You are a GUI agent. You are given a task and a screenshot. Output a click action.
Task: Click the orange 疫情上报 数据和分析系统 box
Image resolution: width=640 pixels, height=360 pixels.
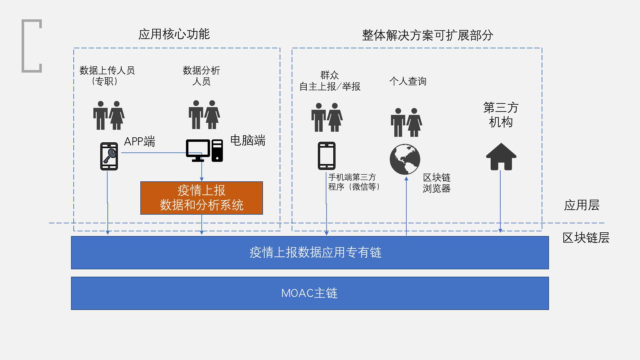(x=202, y=198)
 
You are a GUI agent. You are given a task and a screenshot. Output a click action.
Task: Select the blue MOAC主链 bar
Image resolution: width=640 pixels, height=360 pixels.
(x=310, y=293)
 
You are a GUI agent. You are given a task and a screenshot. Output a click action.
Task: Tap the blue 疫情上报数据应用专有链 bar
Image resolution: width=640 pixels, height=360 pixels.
(x=310, y=253)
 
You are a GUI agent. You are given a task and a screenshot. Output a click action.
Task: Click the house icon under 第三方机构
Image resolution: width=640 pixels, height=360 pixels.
(x=501, y=157)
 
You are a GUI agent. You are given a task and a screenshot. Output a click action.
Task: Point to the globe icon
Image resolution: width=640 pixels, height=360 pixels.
(x=405, y=159)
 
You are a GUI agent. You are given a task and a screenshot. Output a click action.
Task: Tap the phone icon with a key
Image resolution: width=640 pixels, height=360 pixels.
(x=109, y=156)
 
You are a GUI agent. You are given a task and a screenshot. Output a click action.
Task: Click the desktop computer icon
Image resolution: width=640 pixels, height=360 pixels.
(x=204, y=151)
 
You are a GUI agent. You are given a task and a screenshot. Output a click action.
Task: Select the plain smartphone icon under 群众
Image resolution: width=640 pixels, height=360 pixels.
(x=327, y=156)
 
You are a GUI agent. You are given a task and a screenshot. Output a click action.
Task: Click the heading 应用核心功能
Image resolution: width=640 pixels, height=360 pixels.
(x=174, y=34)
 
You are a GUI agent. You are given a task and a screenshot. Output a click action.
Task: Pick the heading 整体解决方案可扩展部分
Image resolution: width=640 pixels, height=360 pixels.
(x=428, y=35)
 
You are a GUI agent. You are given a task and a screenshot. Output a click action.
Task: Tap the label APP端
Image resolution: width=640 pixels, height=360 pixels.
(x=140, y=141)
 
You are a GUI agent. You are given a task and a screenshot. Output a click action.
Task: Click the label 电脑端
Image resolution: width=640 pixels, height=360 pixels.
(x=248, y=140)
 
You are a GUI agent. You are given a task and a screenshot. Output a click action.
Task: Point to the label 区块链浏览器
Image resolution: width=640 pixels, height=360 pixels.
(x=437, y=183)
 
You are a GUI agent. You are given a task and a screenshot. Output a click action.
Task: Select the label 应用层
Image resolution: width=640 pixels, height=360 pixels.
(x=582, y=205)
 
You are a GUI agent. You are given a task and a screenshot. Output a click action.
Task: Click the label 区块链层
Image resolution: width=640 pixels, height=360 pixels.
(x=586, y=238)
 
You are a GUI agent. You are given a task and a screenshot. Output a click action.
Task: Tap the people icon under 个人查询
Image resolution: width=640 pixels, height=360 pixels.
(x=406, y=122)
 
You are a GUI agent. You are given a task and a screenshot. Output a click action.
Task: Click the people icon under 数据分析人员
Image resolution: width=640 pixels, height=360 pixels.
(x=204, y=115)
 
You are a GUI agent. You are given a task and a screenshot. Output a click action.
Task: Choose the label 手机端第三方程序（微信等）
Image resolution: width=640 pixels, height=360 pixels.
(x=354, y=182)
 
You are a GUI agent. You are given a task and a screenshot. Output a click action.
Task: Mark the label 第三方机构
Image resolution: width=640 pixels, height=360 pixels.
(x=501, y=115)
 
